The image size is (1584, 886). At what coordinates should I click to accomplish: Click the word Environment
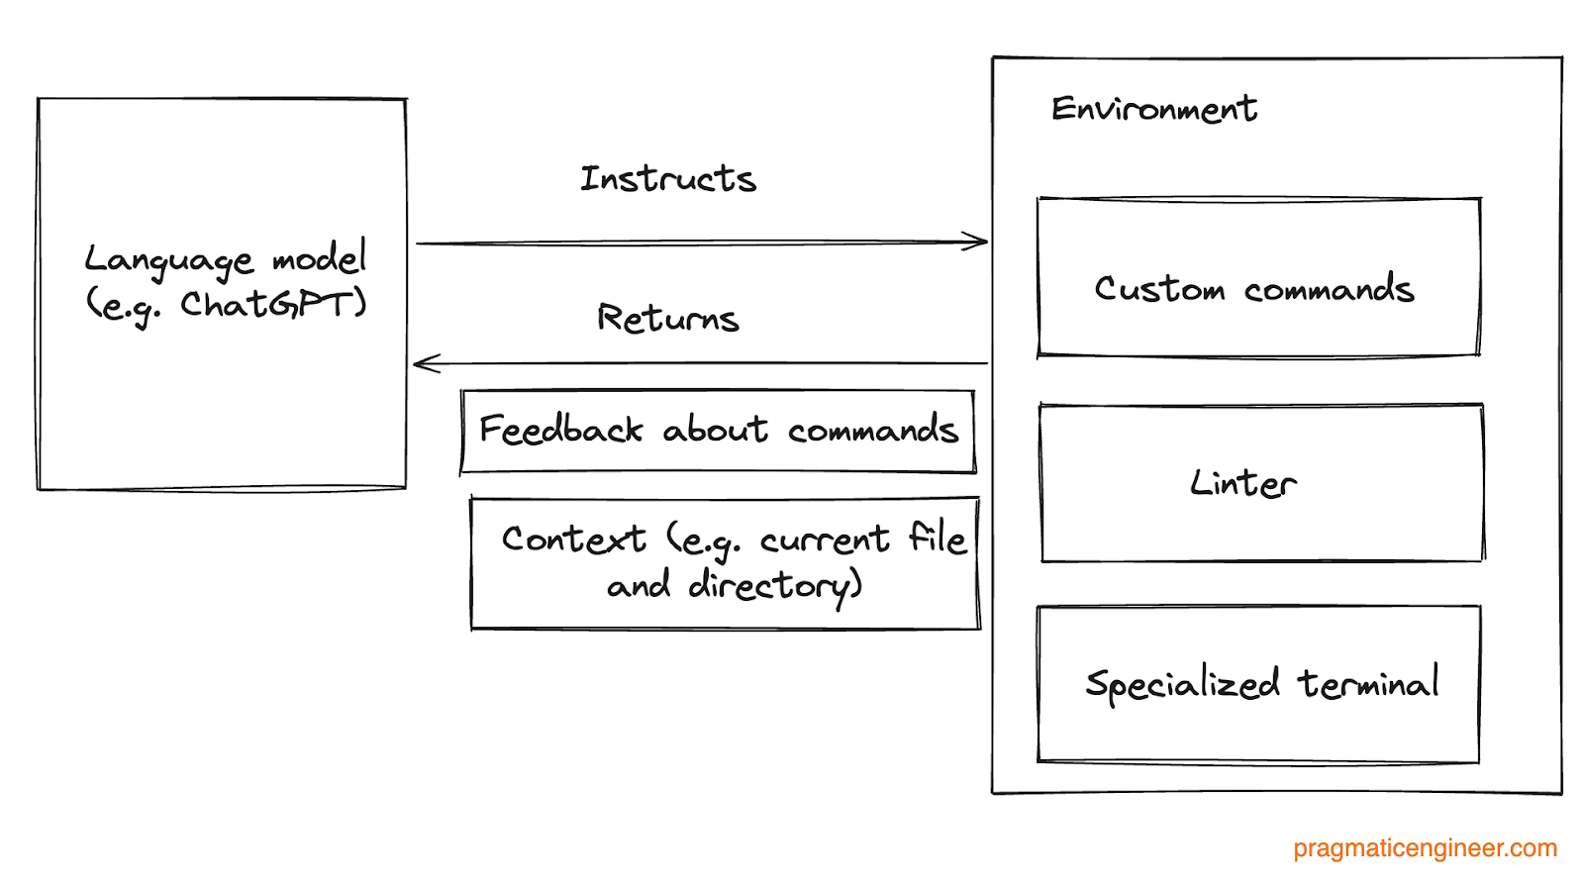coord(1153,109)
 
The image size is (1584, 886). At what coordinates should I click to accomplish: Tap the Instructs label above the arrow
coord(668,179)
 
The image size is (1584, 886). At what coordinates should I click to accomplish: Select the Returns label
coord(668,319)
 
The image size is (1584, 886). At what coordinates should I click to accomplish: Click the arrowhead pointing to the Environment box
coord(978,242)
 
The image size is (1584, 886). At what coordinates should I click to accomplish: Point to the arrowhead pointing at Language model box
coord(424,364)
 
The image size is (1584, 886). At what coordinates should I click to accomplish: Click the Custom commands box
coord(1257,277)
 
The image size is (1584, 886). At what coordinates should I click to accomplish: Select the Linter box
coord(1261,483)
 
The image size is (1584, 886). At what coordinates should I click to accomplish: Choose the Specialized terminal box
coord(1257,684)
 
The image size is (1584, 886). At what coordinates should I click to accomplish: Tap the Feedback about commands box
coord(718,432)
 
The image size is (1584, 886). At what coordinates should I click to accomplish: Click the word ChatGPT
coord(273,304)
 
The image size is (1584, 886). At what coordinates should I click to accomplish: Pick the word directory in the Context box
coord(775,586)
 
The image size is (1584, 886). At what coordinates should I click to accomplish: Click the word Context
coord(573,540)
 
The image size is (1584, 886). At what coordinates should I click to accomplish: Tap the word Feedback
coord(560,430)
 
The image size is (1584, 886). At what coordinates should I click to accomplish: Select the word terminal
coord(1369,683)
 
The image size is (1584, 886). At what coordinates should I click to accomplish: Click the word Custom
coord(1159,289)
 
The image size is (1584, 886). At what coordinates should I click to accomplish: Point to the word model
coord(320,258)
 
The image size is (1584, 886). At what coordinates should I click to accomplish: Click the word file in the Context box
coord(937,539)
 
